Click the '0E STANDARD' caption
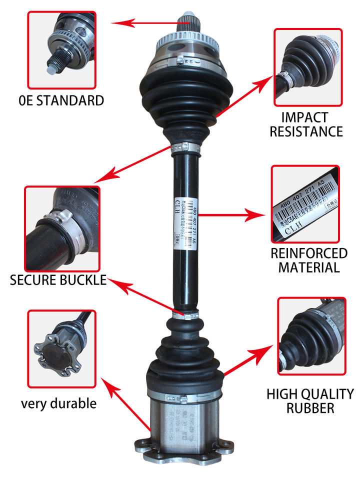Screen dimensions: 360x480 (60, 100)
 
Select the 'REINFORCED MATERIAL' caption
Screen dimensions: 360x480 (309, 259)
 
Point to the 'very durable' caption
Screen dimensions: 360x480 (58, 403)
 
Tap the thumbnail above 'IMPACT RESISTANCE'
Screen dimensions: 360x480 (308, 67)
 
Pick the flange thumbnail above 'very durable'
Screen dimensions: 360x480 (61, 348)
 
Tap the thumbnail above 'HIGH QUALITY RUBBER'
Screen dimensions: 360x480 (309, 336)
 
